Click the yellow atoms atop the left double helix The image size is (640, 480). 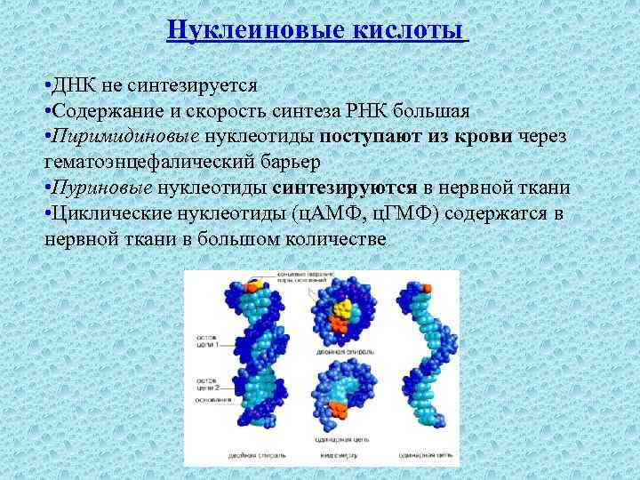(256, 286)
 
